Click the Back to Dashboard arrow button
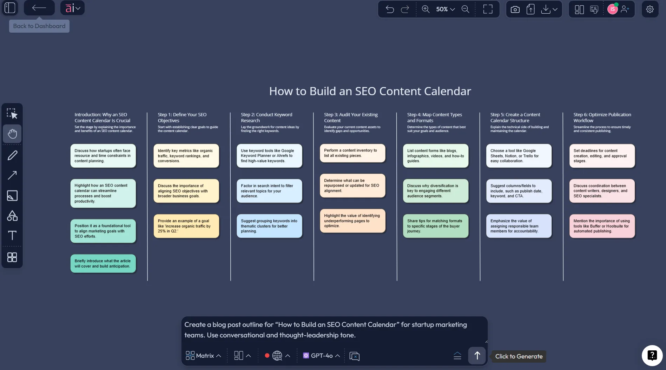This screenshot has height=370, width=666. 39,8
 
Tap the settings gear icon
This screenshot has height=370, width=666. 650,9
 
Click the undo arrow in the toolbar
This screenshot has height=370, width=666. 390,9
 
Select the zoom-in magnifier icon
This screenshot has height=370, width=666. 426,9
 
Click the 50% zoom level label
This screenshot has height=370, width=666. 442,9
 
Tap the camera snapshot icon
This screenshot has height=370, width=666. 515,9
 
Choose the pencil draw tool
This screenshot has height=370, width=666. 12,155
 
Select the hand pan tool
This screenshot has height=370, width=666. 12,134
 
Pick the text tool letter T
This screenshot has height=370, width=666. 12,235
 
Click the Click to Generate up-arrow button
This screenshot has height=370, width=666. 477,356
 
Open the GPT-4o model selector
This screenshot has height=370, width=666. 321,356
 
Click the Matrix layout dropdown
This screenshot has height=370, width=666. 203,356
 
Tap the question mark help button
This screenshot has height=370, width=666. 652,355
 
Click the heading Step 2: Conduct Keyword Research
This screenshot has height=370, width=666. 266,117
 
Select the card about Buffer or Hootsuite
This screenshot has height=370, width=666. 602,226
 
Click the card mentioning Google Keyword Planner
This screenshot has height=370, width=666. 269,156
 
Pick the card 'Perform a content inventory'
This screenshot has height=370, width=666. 352,153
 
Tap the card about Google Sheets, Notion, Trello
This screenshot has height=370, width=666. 519,156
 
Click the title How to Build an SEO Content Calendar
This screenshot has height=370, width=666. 370,91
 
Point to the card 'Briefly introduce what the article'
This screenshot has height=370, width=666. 103,264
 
